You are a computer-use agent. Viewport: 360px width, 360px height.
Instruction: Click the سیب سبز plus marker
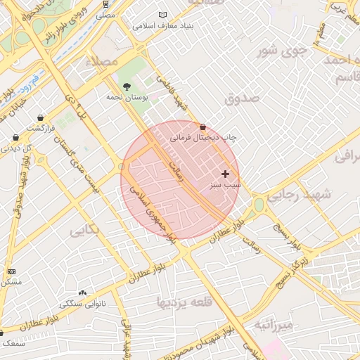click(x=225, y=173)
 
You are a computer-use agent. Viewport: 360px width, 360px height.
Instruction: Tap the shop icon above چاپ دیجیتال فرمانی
click(x=203, y=127)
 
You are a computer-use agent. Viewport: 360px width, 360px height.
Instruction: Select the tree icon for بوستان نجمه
click(x=127, y=86)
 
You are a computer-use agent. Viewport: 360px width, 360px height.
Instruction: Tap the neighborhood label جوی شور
click(x=283, y=51)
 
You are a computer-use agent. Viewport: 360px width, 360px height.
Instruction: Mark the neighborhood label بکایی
click(x=84, y=229)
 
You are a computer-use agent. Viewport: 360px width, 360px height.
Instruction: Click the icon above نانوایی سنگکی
click(x=83, y=292)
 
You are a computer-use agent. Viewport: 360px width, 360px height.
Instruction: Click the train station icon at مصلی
click(x=105, y=4)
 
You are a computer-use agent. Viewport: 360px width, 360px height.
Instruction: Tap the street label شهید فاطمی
click(x=172, y=93)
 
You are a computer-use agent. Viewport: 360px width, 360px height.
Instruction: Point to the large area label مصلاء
click(x=101, y=63)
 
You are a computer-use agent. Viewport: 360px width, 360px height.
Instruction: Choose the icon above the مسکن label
click(x=11, y=271)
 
